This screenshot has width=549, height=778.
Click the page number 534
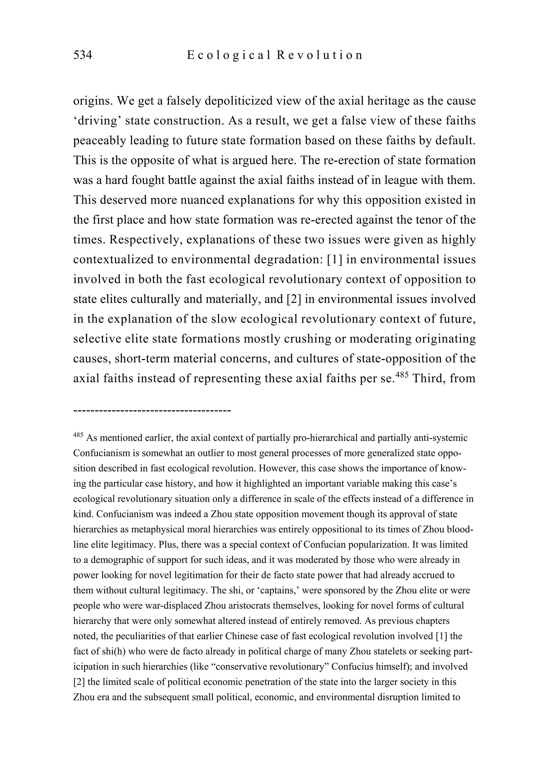click(83, 55)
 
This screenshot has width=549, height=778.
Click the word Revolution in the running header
click(320, 55)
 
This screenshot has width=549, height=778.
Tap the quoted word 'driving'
click(96, 121)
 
